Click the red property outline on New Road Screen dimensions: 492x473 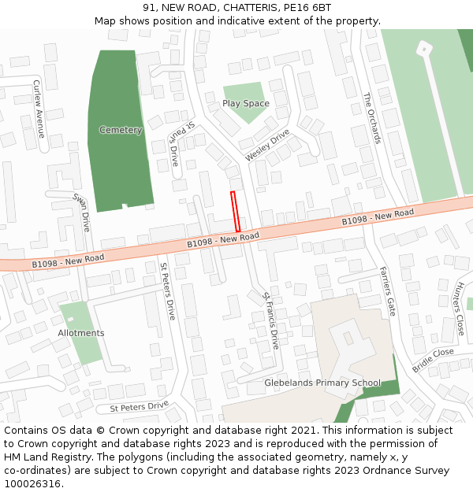click(235, 211)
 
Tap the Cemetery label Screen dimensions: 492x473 click(121, 130)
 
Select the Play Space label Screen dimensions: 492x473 click(245, 103)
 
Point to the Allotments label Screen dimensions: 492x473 click(81, 333)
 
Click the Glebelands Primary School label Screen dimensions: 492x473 click(322, 383)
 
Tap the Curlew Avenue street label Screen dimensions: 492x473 click(39, 109)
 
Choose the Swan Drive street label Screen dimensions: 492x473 click(82, 212)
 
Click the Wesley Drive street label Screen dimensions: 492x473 click(267, 146)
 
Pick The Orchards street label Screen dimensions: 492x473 click(372, 119)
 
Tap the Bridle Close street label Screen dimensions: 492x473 click(433, 360)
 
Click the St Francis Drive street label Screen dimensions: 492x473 click(270, 320)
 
